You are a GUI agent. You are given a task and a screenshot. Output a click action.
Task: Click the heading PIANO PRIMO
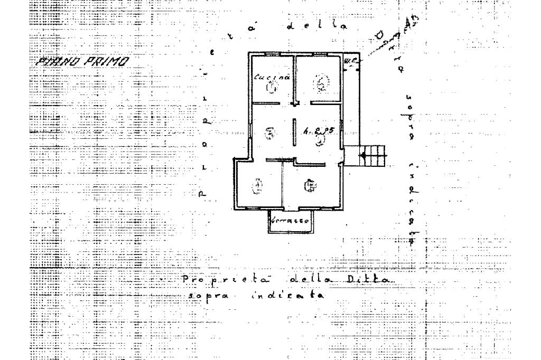[x=82, y=62]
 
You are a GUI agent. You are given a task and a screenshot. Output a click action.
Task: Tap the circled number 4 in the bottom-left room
[x=257, y=186]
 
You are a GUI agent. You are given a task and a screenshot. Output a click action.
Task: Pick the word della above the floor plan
[x=316, y=26]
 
